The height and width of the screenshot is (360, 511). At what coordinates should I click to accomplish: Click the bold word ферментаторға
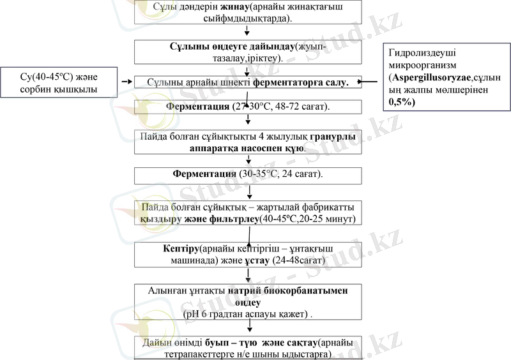301,82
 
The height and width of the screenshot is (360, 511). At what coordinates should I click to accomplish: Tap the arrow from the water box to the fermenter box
128,82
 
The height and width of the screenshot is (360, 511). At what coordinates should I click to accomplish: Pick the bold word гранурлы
333,136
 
